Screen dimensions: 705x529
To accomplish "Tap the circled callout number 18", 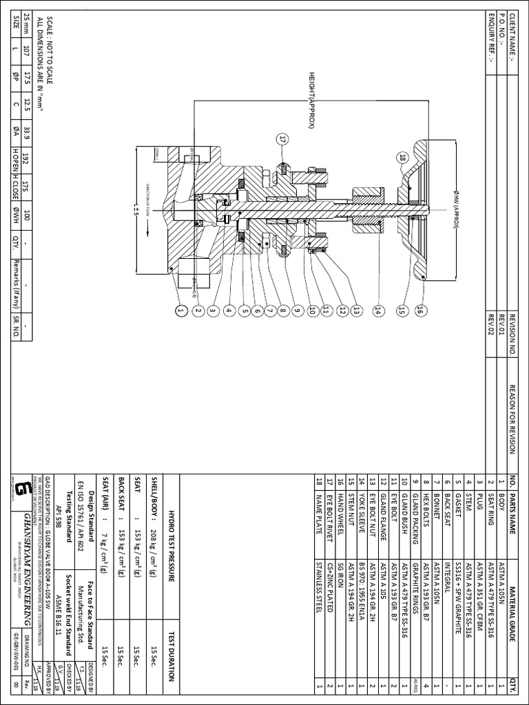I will click(403, 158).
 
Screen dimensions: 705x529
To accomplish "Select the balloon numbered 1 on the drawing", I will click(181, 312).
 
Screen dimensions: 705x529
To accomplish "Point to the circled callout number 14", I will click(377, 311).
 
